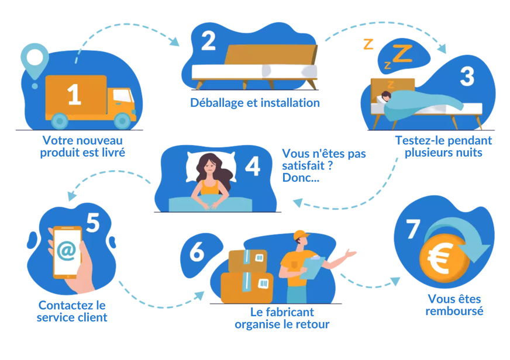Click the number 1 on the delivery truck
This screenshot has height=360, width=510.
(74, 95)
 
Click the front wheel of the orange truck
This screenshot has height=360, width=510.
(122, 120)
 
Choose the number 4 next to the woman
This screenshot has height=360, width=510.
(252, 167)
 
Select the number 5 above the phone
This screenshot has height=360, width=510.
(94, 221)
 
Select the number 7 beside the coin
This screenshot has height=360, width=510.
(413, 230)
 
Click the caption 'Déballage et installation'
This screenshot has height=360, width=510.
(255, 103)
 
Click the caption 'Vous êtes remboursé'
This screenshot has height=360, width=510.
(454, 304)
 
